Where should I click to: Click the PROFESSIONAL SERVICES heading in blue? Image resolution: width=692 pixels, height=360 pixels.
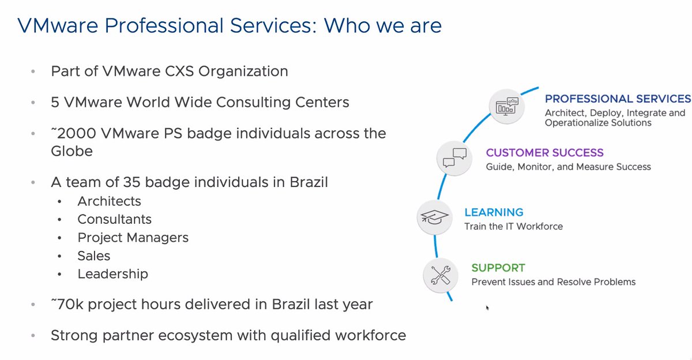(x=618, y=99)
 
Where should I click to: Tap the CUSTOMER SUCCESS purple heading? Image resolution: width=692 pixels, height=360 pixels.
(x=544, y=153)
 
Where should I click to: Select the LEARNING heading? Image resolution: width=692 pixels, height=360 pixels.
(x=494, y=212)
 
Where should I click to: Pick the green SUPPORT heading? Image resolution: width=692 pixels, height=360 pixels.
(x=498, y=268)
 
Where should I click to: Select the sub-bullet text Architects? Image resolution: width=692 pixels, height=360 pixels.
(x=109, y=201)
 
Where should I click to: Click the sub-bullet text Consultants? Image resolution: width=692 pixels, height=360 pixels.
(x=114, y=219)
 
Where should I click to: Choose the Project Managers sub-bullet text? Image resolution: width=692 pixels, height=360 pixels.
(x=133, y=238)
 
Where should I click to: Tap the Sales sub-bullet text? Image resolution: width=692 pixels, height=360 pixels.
(x=93, y=256)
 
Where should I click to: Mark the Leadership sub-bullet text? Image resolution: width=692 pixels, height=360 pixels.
(x=112, y=274)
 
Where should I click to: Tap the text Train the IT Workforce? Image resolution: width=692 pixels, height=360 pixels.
(x=513, y=226)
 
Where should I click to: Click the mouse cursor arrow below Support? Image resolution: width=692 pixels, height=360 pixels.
(x=488, y=308)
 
